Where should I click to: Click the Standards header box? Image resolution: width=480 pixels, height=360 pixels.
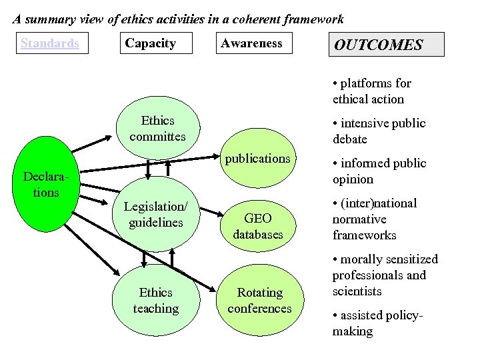(50, 43)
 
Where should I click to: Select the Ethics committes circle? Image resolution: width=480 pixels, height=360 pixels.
(157, 129)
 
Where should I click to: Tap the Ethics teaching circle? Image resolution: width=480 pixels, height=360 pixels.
(156, 300)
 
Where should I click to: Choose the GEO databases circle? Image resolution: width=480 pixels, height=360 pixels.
(258, 226)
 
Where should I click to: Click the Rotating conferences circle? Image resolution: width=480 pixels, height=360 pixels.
(259, 300)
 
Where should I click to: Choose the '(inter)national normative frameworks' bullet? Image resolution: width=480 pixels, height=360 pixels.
(374, 219)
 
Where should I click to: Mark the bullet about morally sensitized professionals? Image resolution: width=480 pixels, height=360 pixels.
(385, 275)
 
